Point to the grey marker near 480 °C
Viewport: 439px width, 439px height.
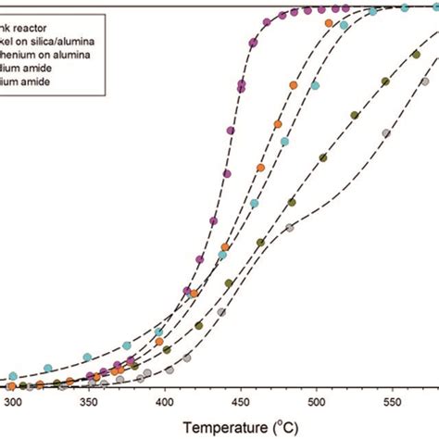pyautogui.click(x=289, y=227)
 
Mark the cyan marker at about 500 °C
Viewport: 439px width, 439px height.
pyautogui.click(x=315, y=86)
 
